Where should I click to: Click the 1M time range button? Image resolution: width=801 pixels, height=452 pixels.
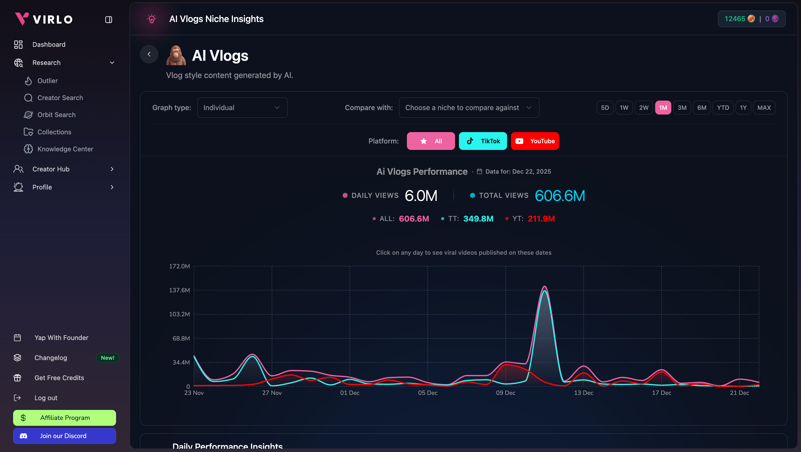663,108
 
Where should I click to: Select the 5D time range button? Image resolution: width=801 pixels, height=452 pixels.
605,108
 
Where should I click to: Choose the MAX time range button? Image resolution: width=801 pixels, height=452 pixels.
764,108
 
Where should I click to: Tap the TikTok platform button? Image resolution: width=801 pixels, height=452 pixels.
483,141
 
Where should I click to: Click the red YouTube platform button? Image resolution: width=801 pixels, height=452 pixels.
535,141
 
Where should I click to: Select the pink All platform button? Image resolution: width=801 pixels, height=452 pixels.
431,141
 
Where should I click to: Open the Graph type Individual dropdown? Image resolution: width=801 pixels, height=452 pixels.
242,108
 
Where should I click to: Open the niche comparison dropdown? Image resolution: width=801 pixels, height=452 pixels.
469,108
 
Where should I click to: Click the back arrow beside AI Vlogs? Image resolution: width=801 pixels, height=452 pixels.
149,54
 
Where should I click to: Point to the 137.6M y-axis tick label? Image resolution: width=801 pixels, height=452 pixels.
179,290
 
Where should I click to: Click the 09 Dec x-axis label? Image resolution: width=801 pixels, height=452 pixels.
506,393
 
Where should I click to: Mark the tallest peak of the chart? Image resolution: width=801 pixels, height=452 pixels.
544,286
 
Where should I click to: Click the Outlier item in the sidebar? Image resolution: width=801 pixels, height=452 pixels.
48,81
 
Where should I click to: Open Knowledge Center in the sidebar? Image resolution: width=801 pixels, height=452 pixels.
65,149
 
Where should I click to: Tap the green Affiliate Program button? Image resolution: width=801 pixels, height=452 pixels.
64,418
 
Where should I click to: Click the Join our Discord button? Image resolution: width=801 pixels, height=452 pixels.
64,436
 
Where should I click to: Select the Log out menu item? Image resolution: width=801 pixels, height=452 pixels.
46,398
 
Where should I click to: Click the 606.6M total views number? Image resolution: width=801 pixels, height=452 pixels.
560,196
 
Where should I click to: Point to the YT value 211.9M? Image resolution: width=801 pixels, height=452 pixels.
541,219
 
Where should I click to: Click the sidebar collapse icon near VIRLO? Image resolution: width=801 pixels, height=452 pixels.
109,20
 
